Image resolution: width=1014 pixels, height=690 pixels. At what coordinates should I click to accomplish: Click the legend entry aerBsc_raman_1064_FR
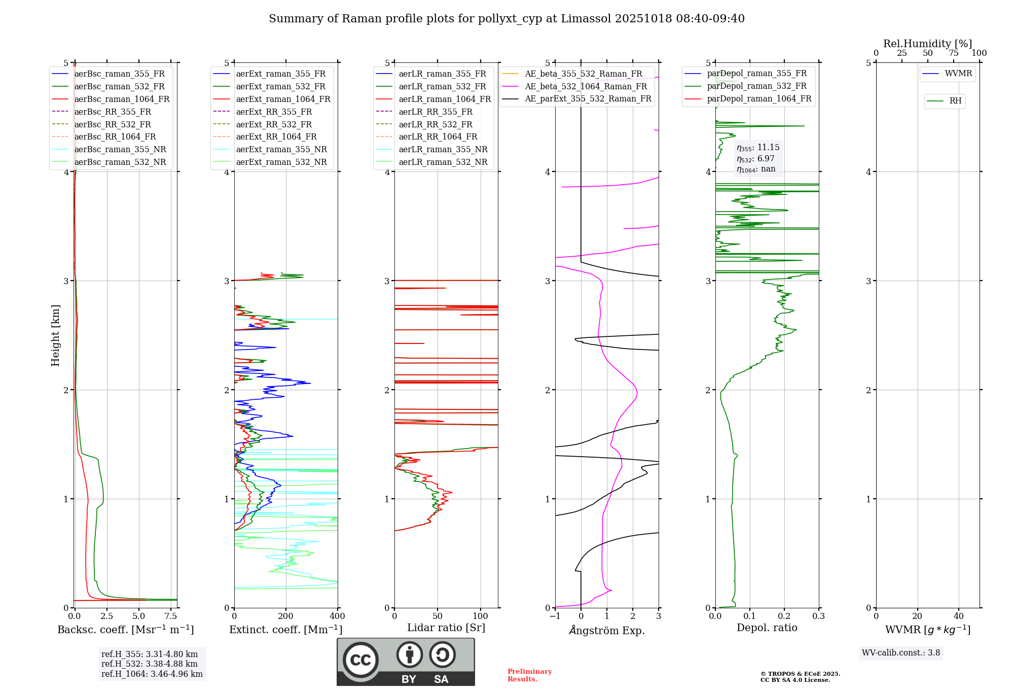click(x=122, y=99)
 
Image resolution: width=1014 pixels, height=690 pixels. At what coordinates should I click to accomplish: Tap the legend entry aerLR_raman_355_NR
click(x=443, y=149)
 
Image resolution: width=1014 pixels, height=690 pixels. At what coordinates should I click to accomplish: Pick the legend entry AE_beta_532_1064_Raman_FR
click(x=586, y=86)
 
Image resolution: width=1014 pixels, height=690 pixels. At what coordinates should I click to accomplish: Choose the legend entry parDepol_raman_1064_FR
click(x=759, y=98)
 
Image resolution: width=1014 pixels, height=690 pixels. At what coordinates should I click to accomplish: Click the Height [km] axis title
click(x=55, y=335)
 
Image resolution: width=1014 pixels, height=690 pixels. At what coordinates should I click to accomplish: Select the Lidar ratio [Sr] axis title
click(x=446, y=628)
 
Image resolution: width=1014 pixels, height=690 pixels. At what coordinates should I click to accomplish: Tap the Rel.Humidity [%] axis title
click(x=927, y=44)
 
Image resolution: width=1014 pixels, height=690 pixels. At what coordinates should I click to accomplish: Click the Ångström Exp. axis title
click(x=607, y=630)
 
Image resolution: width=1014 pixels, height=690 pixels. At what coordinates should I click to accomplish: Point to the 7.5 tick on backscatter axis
click(x=171, y=616)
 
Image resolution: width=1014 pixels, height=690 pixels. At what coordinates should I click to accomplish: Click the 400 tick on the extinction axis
click(x=338, y=616)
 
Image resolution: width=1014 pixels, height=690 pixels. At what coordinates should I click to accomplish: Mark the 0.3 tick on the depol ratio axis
click(x=818, y=616)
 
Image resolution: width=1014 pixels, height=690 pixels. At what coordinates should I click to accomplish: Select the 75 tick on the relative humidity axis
click(x=953, y=53)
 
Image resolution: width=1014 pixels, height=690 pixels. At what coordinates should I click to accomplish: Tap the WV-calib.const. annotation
click(x=901, y=652)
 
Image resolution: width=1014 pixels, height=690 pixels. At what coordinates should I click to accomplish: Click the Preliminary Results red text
click(x=529, y=675)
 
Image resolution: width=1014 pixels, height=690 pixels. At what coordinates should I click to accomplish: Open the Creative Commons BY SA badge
click(x=406, y=662)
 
